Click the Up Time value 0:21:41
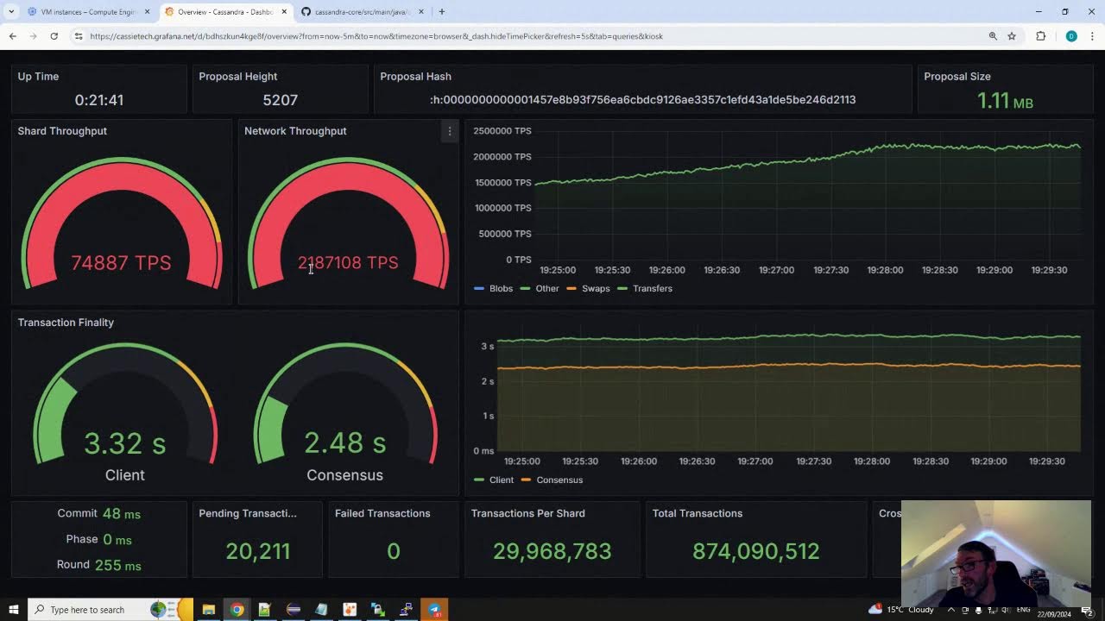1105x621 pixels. click(x=99, y=100)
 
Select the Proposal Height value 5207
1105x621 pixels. click(x=280, y=100)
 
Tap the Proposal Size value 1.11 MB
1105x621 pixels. click(x=1004, y=101)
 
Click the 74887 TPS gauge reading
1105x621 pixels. click(x=121, y=263)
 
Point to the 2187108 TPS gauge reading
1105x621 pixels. click(x=348, y=263)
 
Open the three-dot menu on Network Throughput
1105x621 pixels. click(x=449, y=131)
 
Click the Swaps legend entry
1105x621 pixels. click(x=595, y=288)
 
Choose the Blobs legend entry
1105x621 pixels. click(x=501, y=288)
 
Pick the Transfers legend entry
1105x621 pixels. click(x=652, y=288)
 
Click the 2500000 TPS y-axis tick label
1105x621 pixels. click(x=502, y=131)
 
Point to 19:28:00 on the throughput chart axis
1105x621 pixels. click(x=885, y=270)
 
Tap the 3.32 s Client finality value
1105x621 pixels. click(x=124, y=443)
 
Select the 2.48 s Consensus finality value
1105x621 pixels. click(x=344, y=443)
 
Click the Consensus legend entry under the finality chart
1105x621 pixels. click(x=559, y=480)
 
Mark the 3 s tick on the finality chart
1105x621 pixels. click(x=488, y=347)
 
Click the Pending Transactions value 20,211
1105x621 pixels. click(x=257, y=551)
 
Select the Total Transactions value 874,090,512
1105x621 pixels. click(x=755, y=551)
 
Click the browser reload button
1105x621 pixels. click(x=54, y=36)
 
